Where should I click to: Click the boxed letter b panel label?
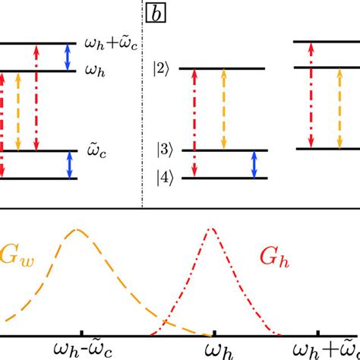156,13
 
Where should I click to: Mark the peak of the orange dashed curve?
77,229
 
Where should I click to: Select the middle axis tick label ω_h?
216,349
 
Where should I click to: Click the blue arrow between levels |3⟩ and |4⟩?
254,164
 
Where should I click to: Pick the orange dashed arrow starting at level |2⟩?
223,109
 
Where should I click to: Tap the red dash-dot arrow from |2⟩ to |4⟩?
194,123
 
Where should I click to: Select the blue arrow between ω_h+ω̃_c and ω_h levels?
69,58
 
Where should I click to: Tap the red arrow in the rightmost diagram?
310,95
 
